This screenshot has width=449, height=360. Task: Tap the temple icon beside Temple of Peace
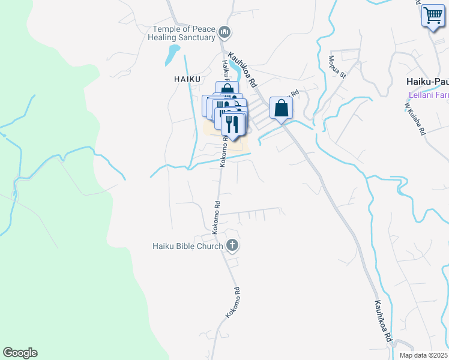[225, 31]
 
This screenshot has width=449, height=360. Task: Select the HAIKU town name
[186, 79]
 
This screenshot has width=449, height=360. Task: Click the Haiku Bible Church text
[188, 245]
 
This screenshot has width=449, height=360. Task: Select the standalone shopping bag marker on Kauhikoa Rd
[281, 109]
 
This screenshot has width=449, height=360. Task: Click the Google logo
[20, 353]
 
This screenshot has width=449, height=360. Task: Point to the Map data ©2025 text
[423, 355]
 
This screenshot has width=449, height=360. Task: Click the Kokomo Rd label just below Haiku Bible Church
[233, 302]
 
